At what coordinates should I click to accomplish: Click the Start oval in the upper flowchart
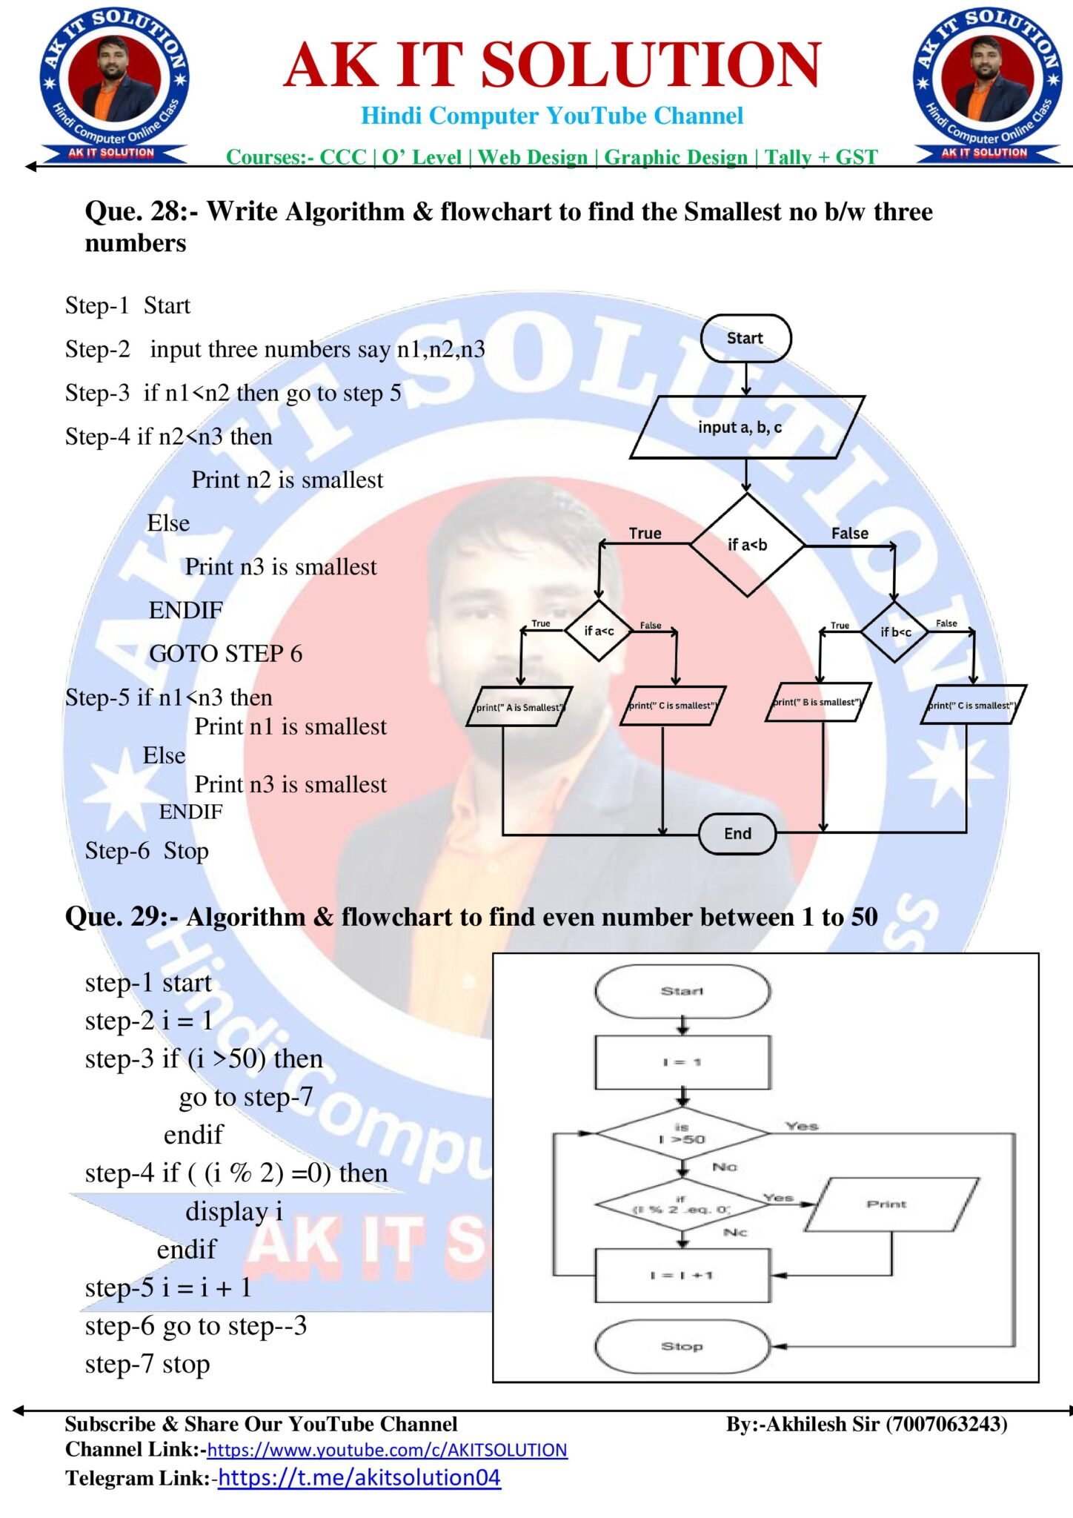[x=745, y=338]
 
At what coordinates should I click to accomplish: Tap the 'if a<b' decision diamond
[x=747, y=545]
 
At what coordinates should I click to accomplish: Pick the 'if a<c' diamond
[x=598, y=631]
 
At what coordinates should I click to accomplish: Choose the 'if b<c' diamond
[x=895, y=632]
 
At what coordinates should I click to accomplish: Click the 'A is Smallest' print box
[x=519, y=707]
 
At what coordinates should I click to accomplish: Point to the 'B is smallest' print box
[x=817, y=702]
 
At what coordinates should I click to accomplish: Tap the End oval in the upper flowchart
[x=737, y=833]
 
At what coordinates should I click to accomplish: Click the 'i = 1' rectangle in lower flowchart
[x=682, y=1062]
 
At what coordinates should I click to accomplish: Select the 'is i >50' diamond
[x=682, y=1133]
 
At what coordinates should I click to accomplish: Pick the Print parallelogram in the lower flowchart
[x=888, y=1204]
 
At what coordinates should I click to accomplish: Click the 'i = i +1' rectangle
[x=682, y=1275]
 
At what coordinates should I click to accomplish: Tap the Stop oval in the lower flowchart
[x=682, y=1345]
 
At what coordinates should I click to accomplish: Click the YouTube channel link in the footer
[x=387, y=1450]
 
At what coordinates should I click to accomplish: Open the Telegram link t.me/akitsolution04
[x=359, y=1478]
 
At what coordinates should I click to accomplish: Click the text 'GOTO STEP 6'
[x=225, y=654]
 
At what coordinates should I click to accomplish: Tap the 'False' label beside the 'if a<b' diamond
[x=849, y=533]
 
